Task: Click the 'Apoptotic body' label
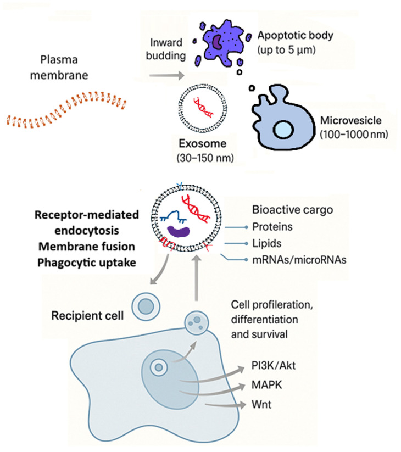pos(295,36)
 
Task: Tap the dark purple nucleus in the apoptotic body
pos(217,42)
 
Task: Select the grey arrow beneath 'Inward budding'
pos(166,76)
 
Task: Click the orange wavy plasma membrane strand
pos(66,109)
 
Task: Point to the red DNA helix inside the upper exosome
pos(203,108)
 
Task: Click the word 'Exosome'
pos(202,143)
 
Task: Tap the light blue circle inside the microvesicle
pos(283,130)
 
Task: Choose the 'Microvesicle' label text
pos(351,120)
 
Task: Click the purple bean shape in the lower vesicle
pos(179,231)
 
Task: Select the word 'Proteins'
pos(272,227)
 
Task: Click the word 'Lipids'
pos(266,243)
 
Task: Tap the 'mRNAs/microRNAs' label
pos(299,260)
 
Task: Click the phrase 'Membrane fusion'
pos(86,247)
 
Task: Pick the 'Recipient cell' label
pos(87,316)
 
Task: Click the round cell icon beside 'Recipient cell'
pos(146,306)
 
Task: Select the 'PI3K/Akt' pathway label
pos(274,366)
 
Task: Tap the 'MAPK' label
pos(266,385)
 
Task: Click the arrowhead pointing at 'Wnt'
pos(242,404)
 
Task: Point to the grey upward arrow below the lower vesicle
pos(197,278)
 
